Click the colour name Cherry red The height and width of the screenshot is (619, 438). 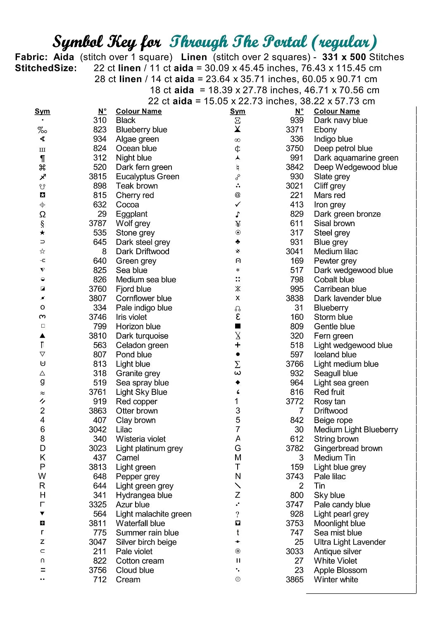pos(135,195)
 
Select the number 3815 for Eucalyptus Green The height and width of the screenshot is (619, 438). pos(98,177)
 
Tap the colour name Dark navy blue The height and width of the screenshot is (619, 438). pos(340,120)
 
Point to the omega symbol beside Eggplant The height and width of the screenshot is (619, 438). pos(43,214)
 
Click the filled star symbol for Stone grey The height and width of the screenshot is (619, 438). pos(43,233)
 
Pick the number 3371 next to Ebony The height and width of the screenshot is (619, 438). pos(295,130)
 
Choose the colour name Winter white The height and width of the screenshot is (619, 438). pos(336,579)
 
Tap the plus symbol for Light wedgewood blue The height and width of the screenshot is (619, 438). pos(238,345)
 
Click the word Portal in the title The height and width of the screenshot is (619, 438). pos(286,42)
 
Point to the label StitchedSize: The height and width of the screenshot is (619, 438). pos(46,68)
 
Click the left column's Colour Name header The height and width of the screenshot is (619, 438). pos(139,111)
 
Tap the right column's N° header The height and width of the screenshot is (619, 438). pos(299,111)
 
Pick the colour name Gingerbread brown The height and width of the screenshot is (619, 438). pos(348,448)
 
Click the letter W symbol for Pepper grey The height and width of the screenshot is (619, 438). pos(42,476)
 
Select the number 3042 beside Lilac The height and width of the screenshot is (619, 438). pos(98,430)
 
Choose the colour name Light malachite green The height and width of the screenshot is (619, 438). pos(154,514)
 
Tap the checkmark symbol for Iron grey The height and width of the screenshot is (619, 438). pos(238,205)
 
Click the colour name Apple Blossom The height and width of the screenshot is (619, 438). pos(340,570)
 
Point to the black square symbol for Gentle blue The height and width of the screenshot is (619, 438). pos(238,326)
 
